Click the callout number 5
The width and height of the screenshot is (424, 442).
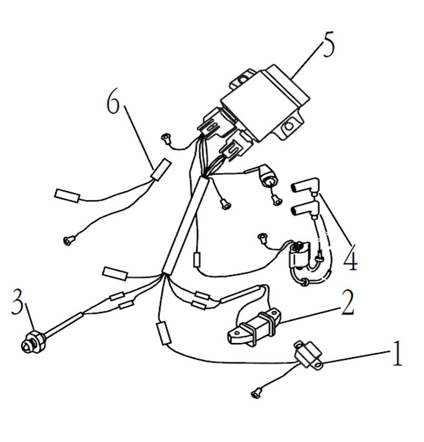point(329,45)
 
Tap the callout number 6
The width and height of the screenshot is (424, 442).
point(113,103)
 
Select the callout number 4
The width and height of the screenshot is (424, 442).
point(350,258)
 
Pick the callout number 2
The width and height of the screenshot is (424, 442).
point(348,302)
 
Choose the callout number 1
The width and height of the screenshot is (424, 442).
point(397,353)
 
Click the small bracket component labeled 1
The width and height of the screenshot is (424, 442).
point(308,355)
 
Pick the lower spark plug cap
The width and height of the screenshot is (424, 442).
point(306,210)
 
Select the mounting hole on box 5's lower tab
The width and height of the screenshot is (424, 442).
point(289,126)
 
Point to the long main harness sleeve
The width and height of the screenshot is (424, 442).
point(186,225)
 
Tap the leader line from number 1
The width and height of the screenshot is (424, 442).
point(357,357)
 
